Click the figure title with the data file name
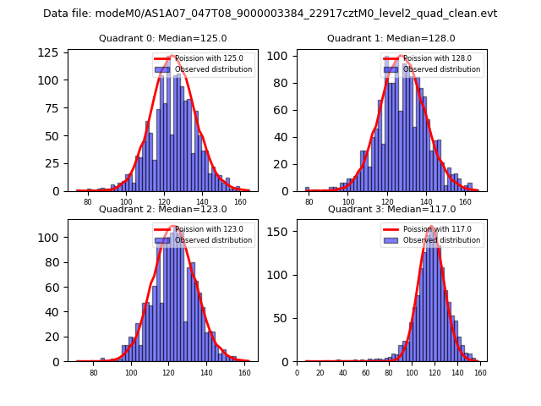(x=270, y=14)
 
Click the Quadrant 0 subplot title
(x=162, y=38)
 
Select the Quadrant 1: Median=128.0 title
(x=391, y=38)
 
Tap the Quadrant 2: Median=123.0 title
(x=162, y=209)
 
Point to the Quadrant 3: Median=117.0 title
(x=391, y=209)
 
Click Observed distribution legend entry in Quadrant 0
(x=213, y=69)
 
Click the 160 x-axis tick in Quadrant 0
(x=240, y=203)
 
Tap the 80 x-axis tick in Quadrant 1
(x=309, y=203)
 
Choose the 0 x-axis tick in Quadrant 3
(x=298, y=373)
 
